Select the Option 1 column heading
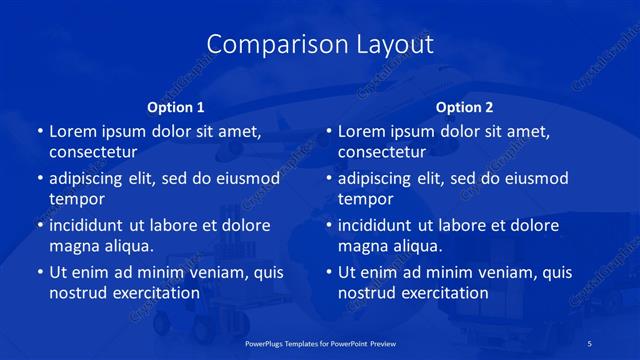coord(176,107)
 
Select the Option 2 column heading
coord(465,107)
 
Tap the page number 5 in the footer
coord(590,342)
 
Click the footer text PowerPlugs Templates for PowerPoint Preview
coord(319,342)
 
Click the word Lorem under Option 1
coord(73,131)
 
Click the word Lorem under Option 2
coord(362,131)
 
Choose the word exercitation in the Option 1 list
coord(151,293)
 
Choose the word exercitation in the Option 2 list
coord(440,293)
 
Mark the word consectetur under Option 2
coord(382,152)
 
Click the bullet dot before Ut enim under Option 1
coord(38,272)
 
